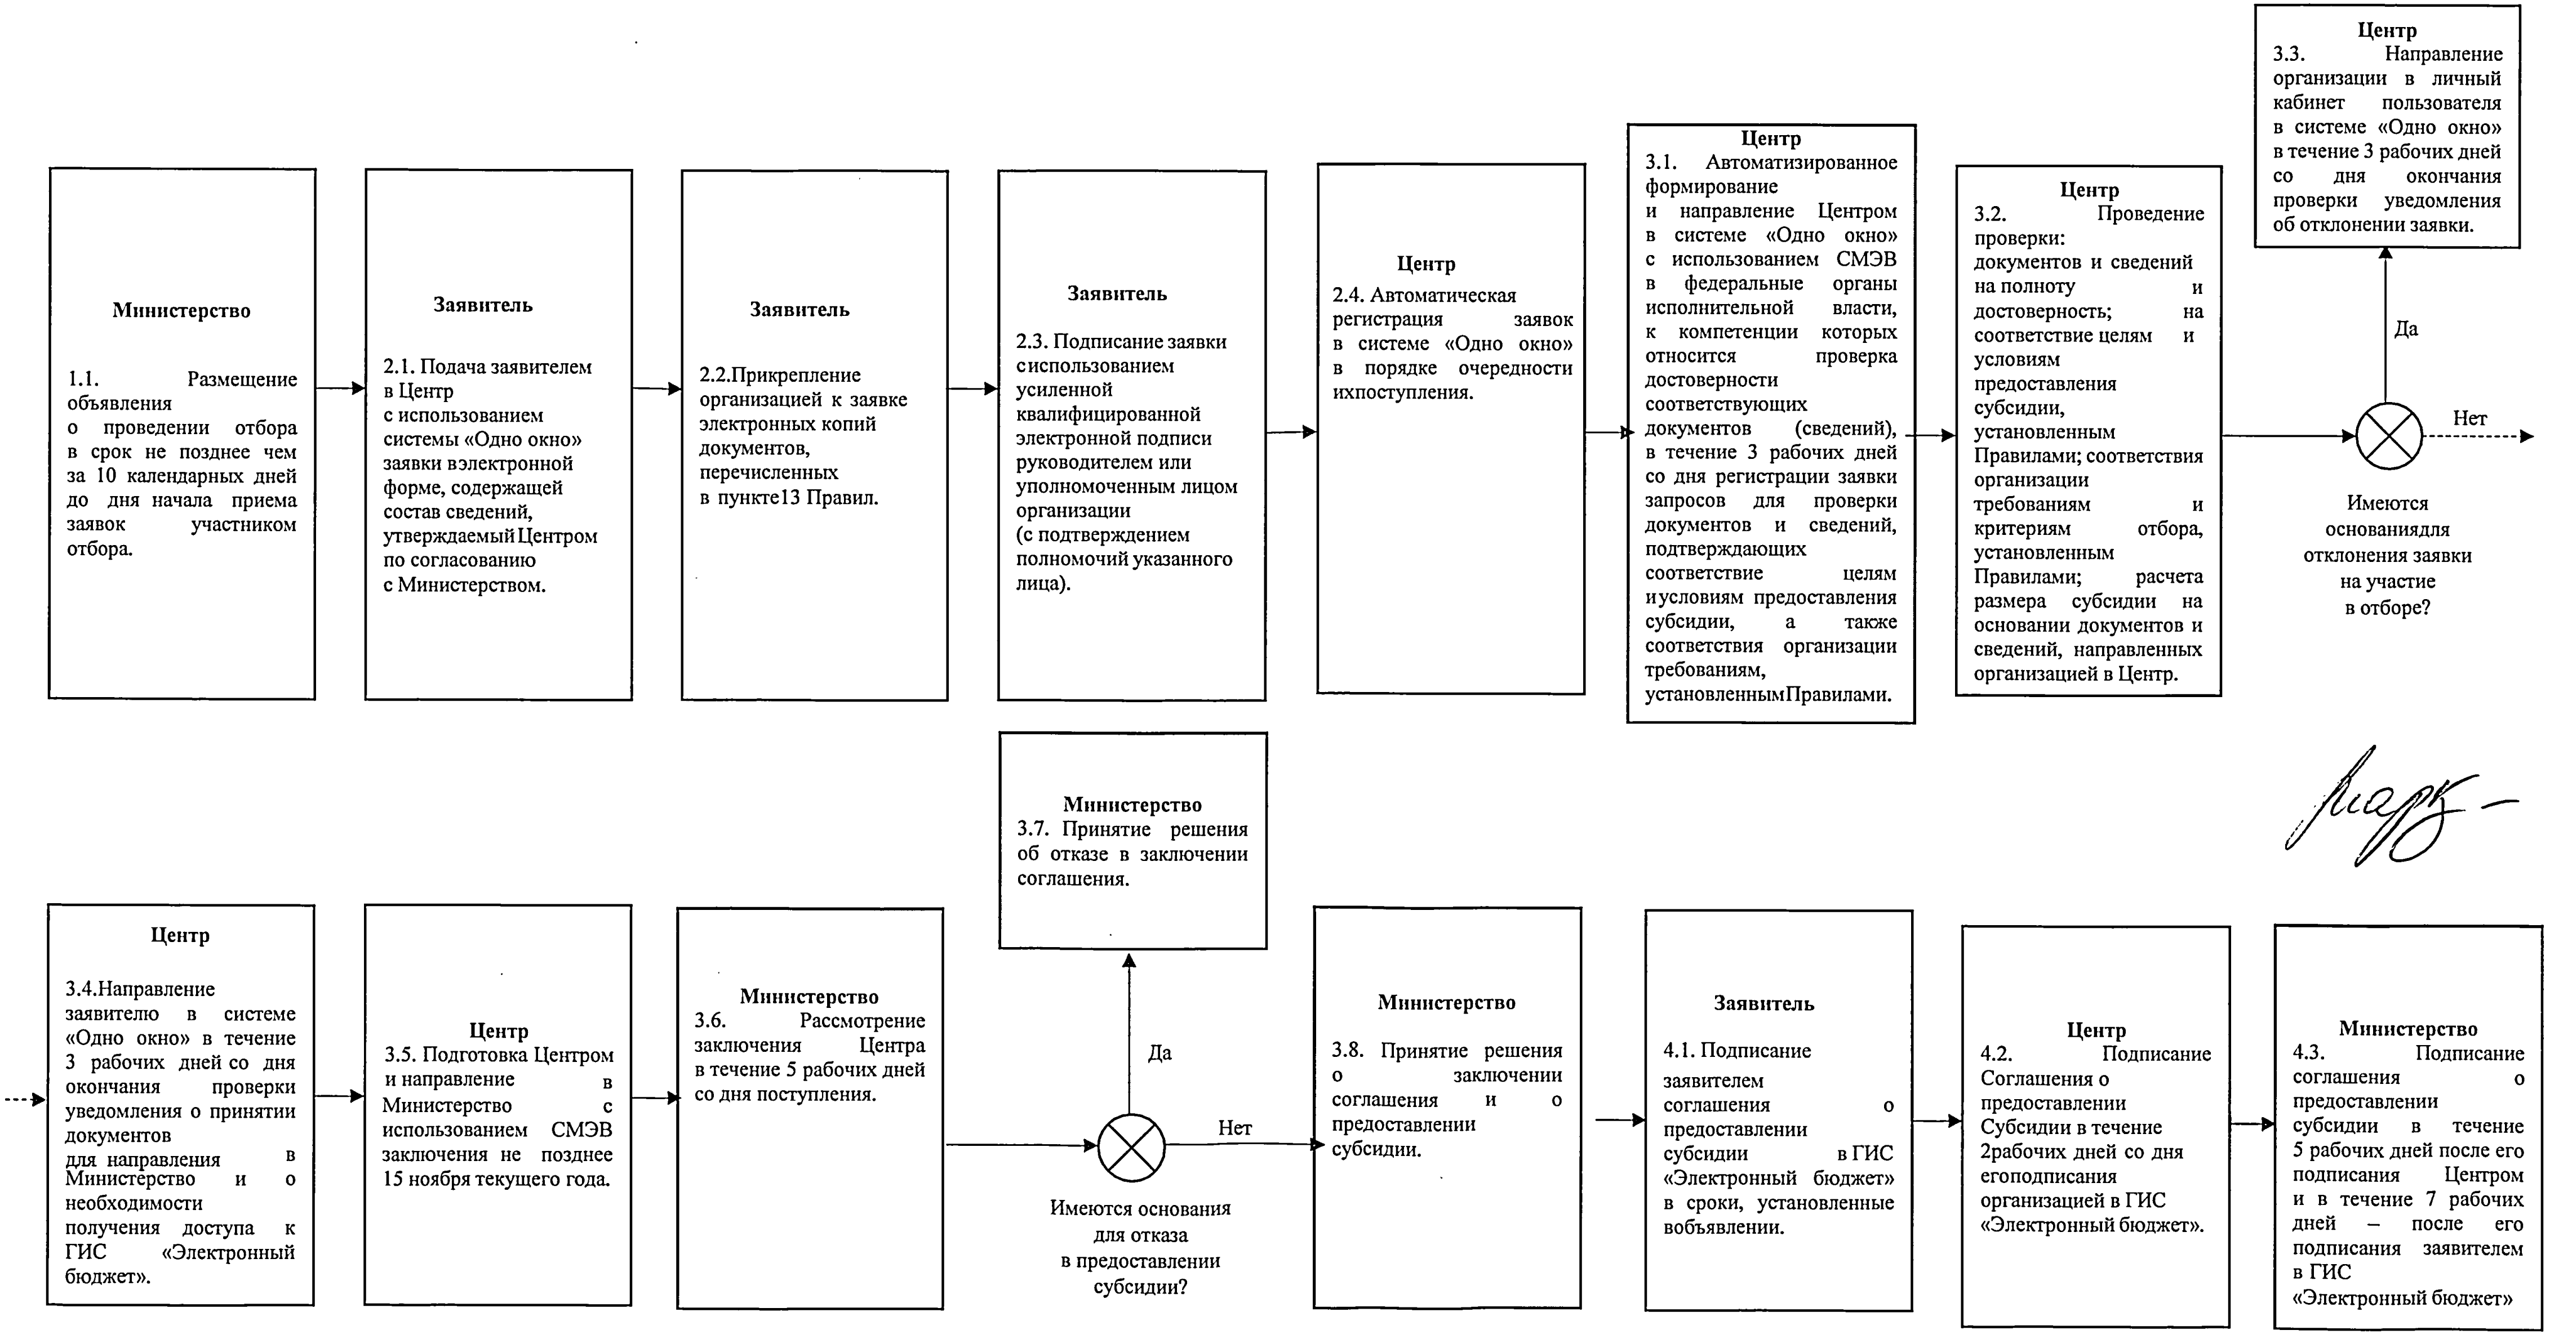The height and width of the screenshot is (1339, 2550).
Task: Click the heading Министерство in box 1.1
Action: [x=181, y=311]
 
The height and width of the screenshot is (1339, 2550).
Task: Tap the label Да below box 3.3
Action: [x=2405, y=329]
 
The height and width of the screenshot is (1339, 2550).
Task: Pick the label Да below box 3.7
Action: [x=1159, y=1053]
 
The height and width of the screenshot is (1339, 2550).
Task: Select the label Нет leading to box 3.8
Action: [x=1234, y=1128]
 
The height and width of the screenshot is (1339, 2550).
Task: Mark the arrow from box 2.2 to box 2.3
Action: [x=972, y=389]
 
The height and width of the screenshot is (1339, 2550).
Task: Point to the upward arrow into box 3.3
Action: [x=2385, y=316]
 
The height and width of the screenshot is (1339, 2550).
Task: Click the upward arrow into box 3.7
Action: [x=1130, y=1029]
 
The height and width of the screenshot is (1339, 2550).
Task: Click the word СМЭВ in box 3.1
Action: [x=1867, y=259]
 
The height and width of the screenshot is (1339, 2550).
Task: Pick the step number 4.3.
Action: [x=2308, y=1053]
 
